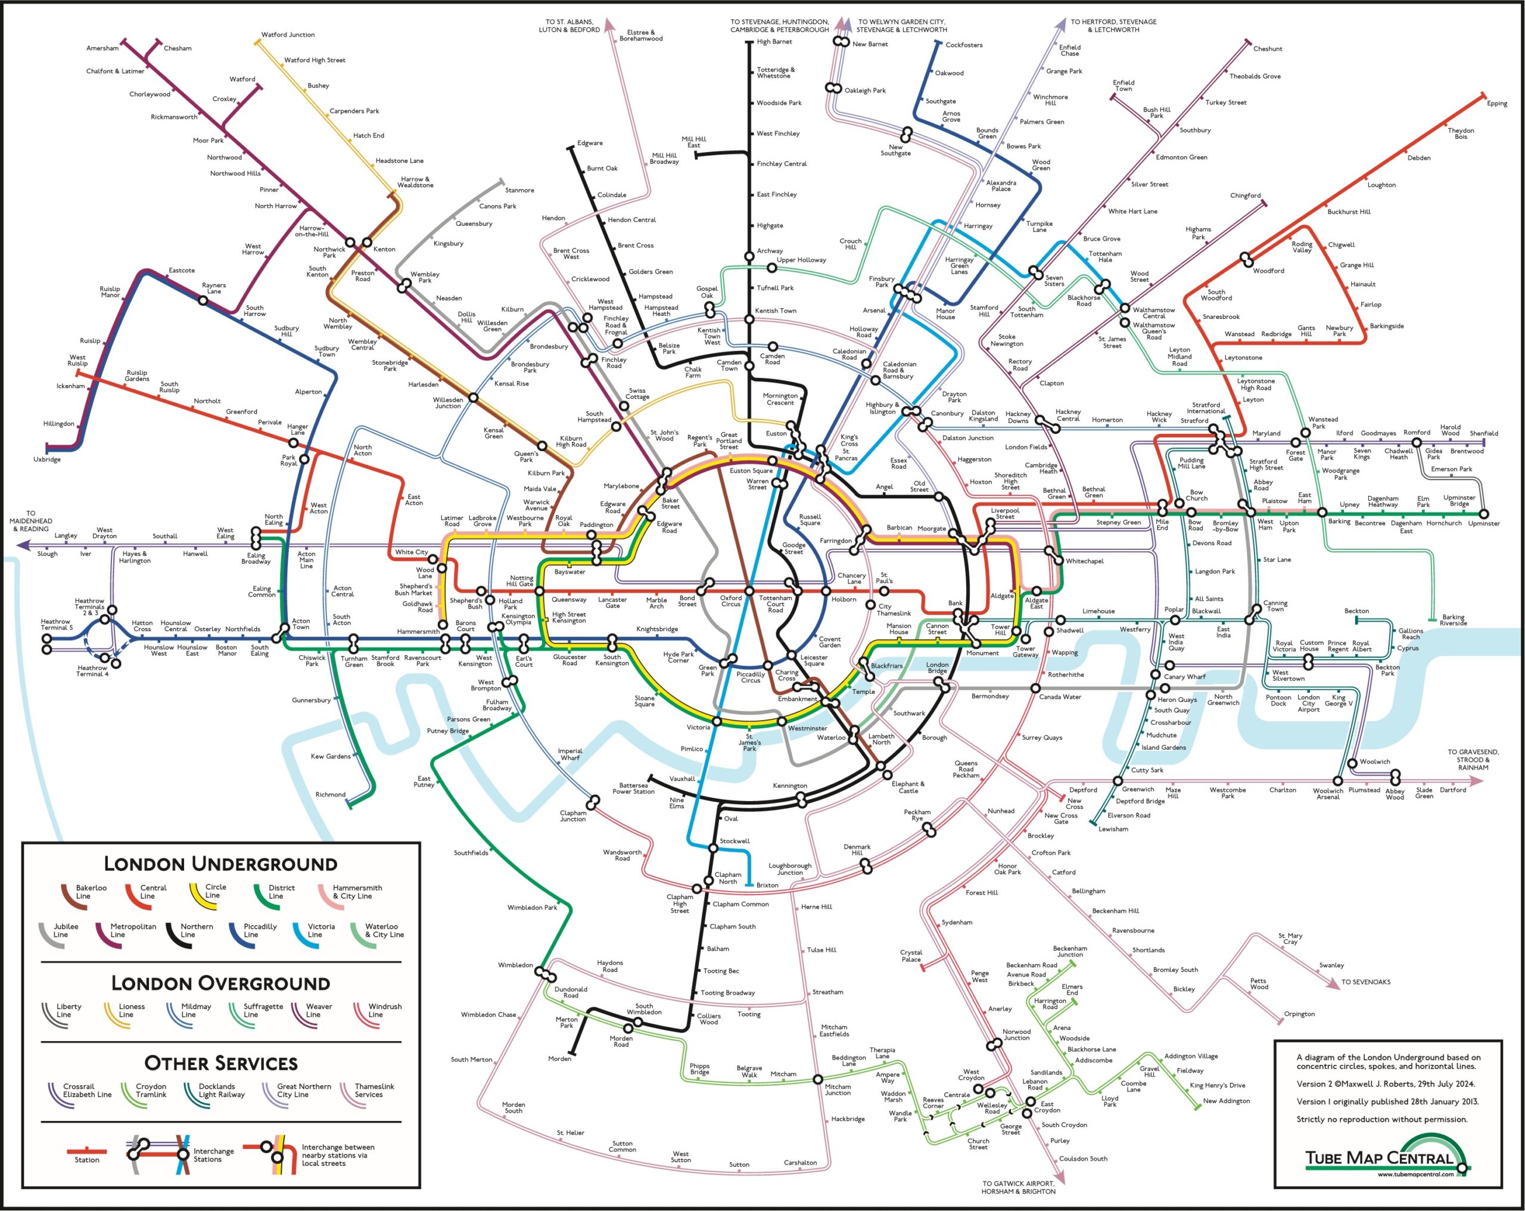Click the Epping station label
point(1497,103)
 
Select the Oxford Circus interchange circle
point(749,590)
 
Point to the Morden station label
point(559,1059)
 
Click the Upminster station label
point(1483,524)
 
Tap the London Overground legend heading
point(220,983)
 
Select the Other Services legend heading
point(220,1063)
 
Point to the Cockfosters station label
point(963,45)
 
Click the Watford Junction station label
point(288,35)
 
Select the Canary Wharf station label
point(1185,676)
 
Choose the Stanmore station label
point(519,190)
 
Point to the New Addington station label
point(1226,1101)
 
